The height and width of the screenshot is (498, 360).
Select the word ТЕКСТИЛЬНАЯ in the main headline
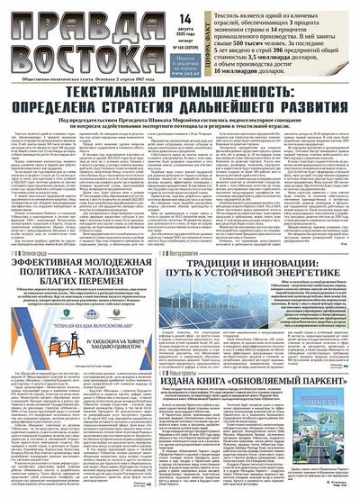point(109,94)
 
